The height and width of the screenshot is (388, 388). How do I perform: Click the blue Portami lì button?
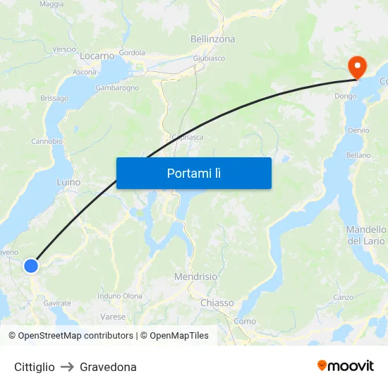(x=193, y=173)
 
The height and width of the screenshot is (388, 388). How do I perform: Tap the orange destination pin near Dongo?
(x=358, y=66)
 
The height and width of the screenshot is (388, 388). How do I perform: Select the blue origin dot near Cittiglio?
(x=31, y=265)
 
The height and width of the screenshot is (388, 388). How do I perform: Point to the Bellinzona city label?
(x=212, y=40)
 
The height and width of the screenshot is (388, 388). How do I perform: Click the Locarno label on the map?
(x=97, y=56)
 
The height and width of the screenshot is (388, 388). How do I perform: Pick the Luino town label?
(x=68, y=182)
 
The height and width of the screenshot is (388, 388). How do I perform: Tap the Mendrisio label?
(x=195, y=277)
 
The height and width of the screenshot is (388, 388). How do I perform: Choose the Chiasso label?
(x=217, y=303)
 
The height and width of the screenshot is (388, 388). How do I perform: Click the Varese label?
(x=113, y=317)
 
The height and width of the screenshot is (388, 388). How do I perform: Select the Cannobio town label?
(x=47, y=141)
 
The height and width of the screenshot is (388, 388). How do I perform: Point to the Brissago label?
(x=54, y=98)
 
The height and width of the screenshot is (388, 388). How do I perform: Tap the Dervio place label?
(x=358, y=131)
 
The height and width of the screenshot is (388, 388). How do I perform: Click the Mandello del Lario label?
(x=366, y=236)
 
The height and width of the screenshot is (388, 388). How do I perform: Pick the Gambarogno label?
(x=117, y=87)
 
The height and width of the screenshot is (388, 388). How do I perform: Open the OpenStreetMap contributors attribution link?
(x=71, y=336)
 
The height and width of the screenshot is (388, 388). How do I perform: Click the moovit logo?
(x=346, y=366)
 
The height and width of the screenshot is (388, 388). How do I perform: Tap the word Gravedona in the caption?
(x=108, y=367)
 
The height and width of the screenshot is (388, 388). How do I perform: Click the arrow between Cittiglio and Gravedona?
(x=67, y=367)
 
